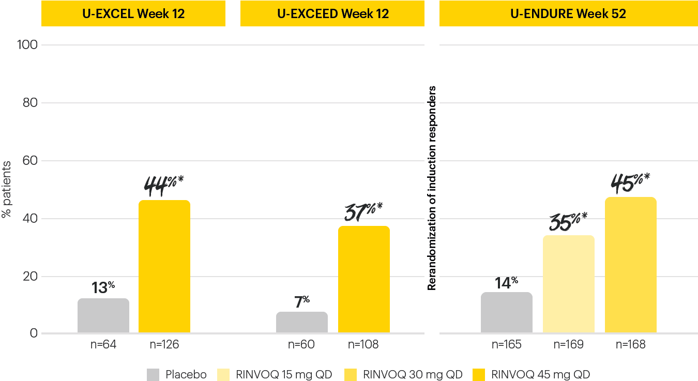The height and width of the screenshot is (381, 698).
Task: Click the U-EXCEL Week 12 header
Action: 133,13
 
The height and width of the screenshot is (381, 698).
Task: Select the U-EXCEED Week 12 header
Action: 332,13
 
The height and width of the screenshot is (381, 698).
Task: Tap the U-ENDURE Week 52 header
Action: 568,13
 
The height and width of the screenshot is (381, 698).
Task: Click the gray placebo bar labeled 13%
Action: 103,316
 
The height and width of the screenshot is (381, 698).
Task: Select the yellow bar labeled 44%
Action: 164,267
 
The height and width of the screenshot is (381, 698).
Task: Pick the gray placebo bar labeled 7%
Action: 302,323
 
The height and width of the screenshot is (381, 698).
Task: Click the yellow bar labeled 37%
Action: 364,280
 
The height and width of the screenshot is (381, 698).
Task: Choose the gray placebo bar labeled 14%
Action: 507,313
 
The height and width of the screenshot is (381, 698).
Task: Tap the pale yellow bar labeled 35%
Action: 569,284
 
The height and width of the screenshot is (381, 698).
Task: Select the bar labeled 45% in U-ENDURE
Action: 631,265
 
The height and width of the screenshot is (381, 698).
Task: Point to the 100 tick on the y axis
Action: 27,44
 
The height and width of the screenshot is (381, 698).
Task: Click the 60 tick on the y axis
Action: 29,160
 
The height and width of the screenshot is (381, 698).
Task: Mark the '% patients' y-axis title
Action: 6,189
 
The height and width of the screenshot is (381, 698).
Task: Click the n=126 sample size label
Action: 164,344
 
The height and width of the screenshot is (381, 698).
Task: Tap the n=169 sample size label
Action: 569,344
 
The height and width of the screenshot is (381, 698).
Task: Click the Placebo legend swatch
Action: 153,374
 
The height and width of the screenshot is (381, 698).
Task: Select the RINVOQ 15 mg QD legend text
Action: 283,374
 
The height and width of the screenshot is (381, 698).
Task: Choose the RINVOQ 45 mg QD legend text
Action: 541,374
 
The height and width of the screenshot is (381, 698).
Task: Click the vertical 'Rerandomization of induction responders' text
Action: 432,188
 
